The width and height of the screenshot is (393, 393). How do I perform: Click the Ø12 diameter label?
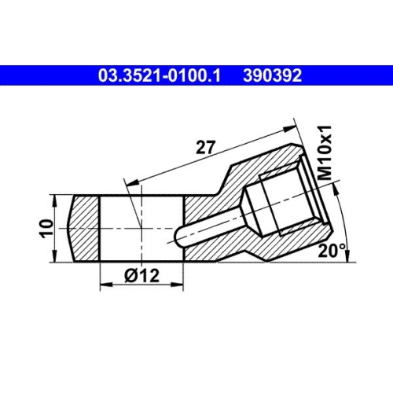(141, 276)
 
